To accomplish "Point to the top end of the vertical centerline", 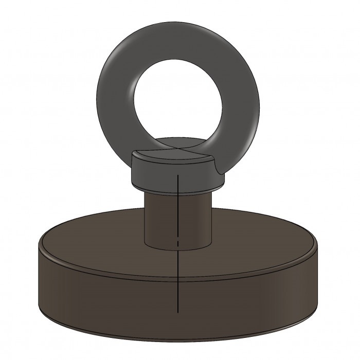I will pos(177,175).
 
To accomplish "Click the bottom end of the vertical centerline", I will pos(177,312).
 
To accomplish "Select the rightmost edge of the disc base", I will pos(317,278).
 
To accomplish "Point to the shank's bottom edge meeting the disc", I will pos(178,249).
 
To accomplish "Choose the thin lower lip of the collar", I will pos(178,187).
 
